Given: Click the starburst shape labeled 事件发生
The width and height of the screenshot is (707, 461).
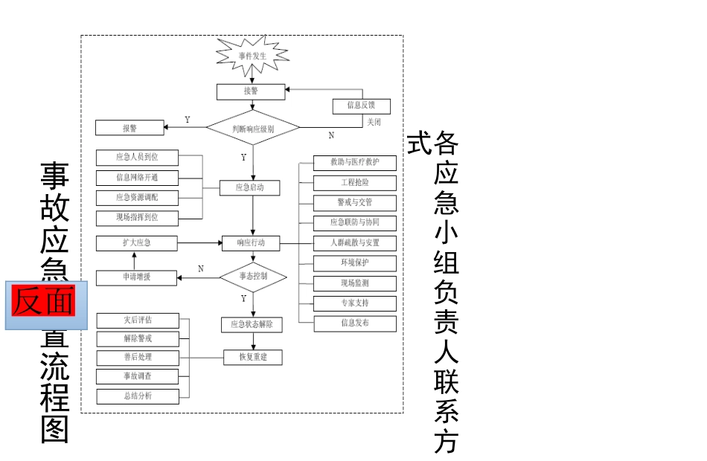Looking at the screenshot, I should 252,55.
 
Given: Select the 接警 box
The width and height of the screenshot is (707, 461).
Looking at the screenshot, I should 251,91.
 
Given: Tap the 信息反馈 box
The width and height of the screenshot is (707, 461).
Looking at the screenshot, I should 361,106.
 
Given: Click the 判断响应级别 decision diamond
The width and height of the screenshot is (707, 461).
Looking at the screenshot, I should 253,128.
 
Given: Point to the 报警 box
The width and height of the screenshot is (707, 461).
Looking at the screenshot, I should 129,128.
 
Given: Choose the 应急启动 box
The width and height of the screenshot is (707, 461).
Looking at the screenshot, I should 250,187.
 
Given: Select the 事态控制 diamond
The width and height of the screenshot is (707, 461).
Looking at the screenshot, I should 253,276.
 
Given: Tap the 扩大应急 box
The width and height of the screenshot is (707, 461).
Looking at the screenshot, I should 137,242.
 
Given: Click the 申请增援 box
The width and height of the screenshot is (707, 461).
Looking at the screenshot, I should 137,277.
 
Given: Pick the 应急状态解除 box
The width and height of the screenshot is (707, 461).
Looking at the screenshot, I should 252,324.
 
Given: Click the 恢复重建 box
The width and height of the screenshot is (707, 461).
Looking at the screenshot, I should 254,357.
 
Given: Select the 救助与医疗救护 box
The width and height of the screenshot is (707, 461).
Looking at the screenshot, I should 355,162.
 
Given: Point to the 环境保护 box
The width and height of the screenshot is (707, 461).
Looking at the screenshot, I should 355,262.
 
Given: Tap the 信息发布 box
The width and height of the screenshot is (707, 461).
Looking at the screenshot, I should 355,323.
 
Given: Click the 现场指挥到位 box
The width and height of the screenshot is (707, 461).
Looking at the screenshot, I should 137,217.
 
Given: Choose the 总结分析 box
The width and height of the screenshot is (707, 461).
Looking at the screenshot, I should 138,396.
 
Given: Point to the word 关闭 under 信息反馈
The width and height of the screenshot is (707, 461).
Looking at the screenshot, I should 373,122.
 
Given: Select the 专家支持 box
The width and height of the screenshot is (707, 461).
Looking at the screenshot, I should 355,303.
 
